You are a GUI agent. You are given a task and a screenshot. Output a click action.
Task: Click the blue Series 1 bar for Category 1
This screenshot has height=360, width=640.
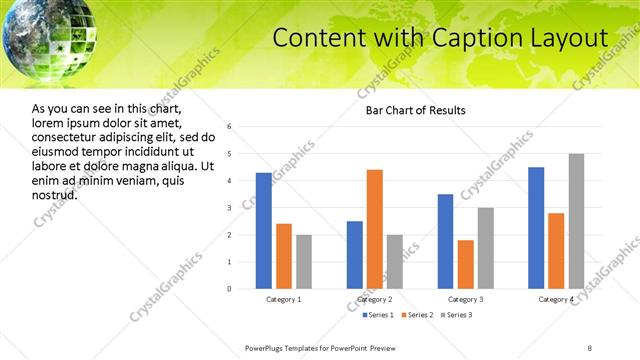tap(263, 231)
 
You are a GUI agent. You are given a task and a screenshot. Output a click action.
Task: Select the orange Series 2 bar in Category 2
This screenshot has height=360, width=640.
tap(375, 229)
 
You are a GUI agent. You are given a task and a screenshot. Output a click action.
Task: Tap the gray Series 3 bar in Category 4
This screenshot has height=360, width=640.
tap(577, 221)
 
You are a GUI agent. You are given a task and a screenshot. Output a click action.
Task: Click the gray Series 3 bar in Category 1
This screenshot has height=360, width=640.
tap(304, 262)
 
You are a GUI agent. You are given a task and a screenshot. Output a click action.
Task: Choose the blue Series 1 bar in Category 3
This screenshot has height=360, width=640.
tap(445, 241)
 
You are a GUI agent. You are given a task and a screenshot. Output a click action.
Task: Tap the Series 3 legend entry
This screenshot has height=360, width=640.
tap(456, 315)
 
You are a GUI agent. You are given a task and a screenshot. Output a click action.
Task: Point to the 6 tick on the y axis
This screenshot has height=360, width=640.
tap(230, 127)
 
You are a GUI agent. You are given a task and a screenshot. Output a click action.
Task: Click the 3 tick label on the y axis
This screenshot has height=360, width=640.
tap(230, 208)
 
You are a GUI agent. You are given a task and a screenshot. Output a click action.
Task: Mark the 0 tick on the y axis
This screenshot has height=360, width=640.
tap(230, 289)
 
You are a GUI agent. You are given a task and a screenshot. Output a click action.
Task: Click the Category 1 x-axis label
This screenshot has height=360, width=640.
tap(284, 299)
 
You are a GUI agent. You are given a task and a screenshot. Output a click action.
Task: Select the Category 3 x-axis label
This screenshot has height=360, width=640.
tap(465, 299)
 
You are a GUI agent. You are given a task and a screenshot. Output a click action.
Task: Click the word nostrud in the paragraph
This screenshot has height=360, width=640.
tap(55, 194)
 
